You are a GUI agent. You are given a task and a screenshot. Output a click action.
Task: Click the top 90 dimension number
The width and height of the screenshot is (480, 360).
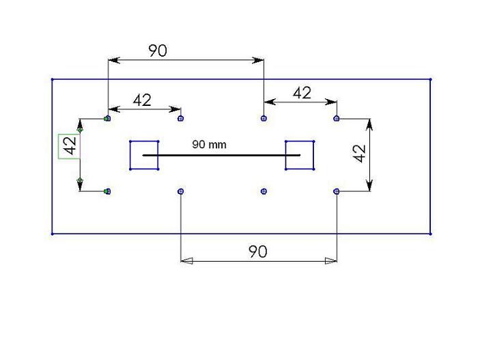pos(158,51)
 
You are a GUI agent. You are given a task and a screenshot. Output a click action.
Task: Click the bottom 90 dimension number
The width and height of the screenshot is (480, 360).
pos(258,251)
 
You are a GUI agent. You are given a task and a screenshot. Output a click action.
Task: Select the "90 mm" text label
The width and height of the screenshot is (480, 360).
pos(209,144)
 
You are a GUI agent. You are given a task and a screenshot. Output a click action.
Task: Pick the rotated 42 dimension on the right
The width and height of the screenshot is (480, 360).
pos(359,154)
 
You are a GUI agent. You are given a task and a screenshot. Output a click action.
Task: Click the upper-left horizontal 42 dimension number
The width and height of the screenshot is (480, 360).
pos(142,100)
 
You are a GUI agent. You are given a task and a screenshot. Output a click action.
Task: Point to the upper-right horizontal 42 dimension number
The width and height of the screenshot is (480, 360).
pos(302,93)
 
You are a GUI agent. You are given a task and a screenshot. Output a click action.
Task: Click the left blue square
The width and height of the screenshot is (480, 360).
pos(144,155)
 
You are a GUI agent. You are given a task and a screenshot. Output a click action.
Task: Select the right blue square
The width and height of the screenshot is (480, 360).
pos(300,155)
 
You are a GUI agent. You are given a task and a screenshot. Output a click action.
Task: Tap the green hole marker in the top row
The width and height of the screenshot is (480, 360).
pos(107,118)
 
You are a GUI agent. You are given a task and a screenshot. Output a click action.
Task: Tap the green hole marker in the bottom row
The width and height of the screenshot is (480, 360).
pos(107,191)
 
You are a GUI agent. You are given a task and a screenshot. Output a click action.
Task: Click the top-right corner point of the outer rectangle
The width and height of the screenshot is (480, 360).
pos(430,79)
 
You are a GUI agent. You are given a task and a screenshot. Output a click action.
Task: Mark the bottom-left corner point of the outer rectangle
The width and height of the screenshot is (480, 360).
pos(53,234)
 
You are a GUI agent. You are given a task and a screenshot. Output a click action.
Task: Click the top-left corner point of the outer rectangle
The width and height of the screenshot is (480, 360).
pos(53,79)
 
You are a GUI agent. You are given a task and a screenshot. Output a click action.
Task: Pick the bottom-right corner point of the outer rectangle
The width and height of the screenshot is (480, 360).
pos(430,234)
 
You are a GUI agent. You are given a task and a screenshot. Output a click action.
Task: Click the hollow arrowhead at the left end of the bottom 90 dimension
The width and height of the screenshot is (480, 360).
pos(186,261)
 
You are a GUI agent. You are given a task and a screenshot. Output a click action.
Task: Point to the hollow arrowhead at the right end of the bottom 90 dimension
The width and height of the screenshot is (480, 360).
pos(331,261)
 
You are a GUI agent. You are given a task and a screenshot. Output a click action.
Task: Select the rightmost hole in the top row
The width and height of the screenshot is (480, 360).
pos(337,118)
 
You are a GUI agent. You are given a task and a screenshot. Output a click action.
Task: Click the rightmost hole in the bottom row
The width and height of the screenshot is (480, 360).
pos(337,191)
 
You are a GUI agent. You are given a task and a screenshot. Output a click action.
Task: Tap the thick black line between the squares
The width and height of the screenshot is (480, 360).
pos(221,155)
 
